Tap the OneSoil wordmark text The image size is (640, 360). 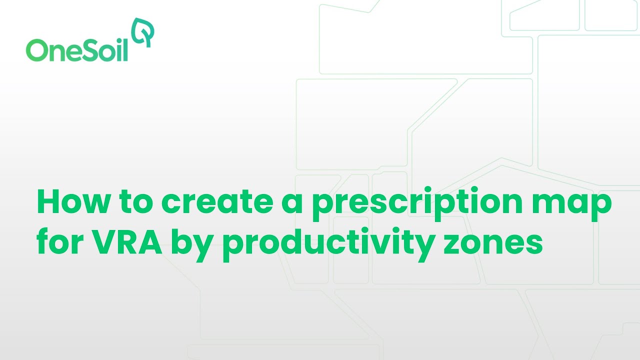coord(77,50)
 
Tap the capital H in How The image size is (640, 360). coord(48,203)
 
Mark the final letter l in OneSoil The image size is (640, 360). coord(125,49)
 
